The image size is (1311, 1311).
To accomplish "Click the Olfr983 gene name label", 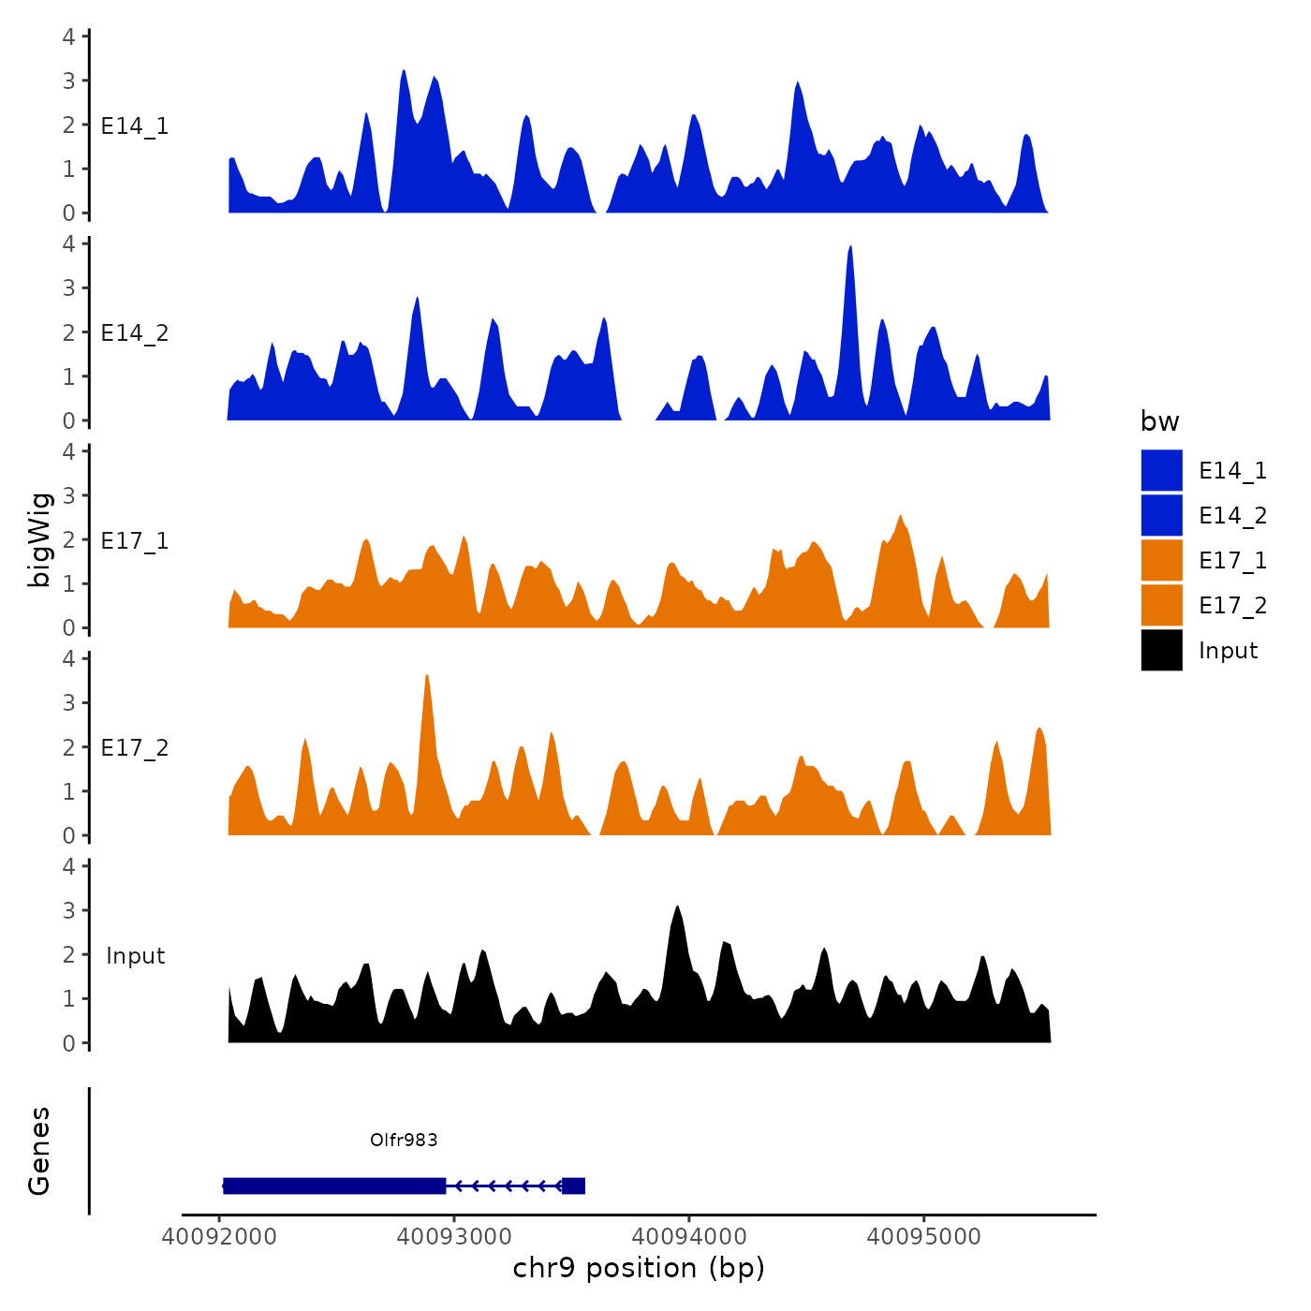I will pos(404,1140).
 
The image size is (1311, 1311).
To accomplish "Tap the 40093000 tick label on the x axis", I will pos(454,1237).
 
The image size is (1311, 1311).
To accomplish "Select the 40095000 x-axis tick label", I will pos(923,1237).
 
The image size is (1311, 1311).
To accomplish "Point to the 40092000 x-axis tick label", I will pos(219,1237).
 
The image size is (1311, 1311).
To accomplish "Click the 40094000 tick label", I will pos(689,1237).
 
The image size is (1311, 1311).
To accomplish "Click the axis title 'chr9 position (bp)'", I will pos(639,1268).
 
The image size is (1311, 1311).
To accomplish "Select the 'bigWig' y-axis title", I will pos(39,539).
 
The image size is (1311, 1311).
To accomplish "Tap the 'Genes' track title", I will pos(39,1151).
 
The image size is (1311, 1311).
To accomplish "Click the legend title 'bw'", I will pos(1159,421).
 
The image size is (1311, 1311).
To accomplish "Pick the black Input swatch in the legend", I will pos(1161,650).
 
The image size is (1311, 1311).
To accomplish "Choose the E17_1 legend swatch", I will pos(1161,560).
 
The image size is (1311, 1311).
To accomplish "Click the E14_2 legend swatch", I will pos(1161,515).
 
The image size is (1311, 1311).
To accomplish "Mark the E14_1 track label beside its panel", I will pos(135,126).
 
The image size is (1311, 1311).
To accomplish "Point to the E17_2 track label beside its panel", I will pos(135,748).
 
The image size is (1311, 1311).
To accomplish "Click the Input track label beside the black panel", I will pos(135,956).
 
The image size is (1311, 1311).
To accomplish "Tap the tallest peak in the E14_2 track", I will pos(849,249).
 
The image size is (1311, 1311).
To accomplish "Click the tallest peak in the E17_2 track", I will pos(427,678).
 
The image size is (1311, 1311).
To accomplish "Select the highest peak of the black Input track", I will pos(677,908).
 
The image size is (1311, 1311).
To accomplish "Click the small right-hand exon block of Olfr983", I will pos(573,1186).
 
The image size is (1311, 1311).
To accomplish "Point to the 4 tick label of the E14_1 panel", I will pos(68,37).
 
